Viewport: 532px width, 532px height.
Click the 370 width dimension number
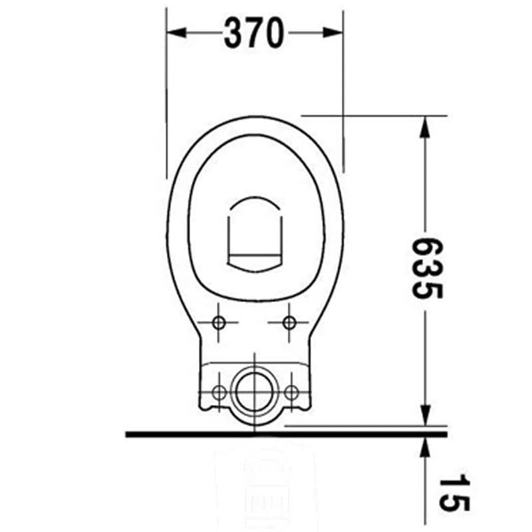point(254,33)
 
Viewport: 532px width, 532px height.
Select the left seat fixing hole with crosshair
point(219,323)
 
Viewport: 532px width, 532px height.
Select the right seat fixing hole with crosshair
point(289,323)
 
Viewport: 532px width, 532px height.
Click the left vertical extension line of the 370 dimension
point(166,100)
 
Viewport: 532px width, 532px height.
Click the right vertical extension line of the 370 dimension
point(343,100)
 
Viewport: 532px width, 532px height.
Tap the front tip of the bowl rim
point(255,118)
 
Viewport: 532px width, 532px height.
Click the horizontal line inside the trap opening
point(255,253)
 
